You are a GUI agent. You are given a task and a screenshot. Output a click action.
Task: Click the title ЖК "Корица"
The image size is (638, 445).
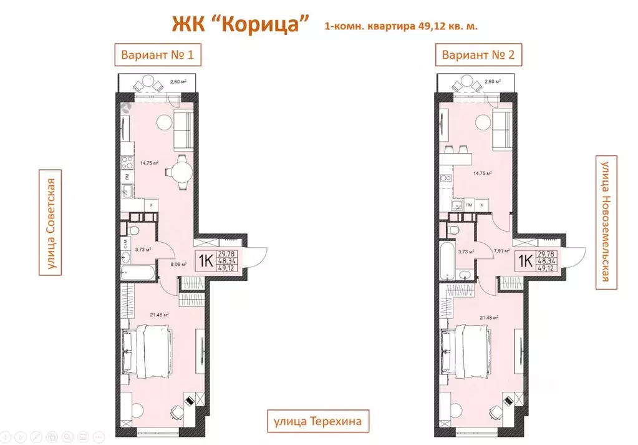241,24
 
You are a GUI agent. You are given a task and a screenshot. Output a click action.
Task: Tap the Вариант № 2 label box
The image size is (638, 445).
478,55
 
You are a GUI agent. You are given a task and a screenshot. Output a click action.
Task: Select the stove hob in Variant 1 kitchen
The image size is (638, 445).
126,164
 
